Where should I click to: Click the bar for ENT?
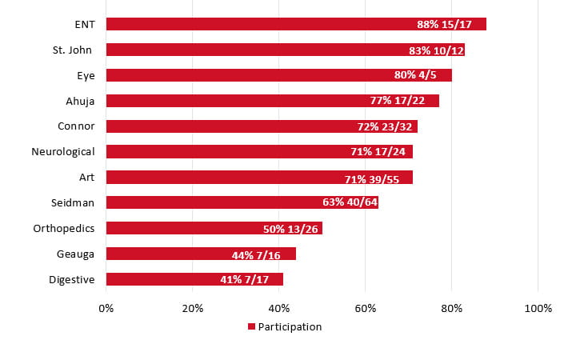point(296,24)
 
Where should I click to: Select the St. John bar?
point(285,50)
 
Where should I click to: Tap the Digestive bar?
point(194,279)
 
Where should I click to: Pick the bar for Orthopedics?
point(214,228)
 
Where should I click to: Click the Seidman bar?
point(242,202)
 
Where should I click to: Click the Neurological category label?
point(62,151)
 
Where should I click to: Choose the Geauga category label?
point(76,254)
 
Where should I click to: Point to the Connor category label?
point(76,126)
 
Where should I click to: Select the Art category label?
point(86,177)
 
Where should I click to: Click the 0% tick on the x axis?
point(106,308)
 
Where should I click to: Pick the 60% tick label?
point(365,308)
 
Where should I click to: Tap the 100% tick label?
point(538,308)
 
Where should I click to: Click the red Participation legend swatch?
point(251,326)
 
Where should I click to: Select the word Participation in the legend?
point(290,326)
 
